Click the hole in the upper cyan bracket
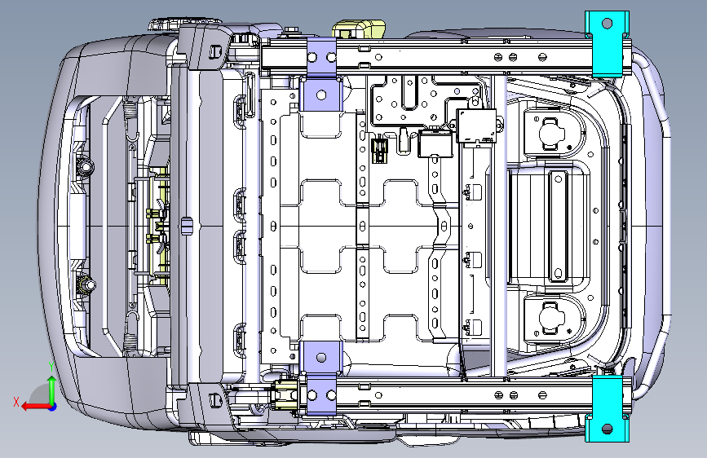pos(607,23)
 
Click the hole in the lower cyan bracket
pos(607,429)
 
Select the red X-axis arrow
pos(35,407)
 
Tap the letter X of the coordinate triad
pos(16,402)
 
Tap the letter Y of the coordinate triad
pos(52,366)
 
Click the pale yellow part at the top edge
pos(359,29)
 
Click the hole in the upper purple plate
pos(321,95)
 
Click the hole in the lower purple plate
pos(321,358)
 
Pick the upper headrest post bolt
pos(85,167)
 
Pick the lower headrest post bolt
pos(86,284)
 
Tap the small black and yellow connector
pos(379,150)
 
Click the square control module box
pos(476,126)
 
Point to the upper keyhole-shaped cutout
pos(551,133)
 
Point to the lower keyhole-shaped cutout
pos(551,319)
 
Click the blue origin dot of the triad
pos(53,407)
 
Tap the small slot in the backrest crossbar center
pos(186,226)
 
